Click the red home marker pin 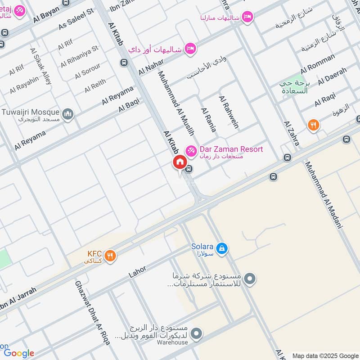pyautogui.click(x=179, y=162)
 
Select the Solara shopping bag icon pyautogui.click(x=221, y=248)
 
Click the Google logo pyautogui.click(x=19, y=353)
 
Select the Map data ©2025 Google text pyautogui.click(x=324, y=355)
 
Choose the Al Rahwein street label pyautogui.click(x=228, y=112)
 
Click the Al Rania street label pyautogui.click(x=208, y=120)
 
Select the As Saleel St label pyautogui.click(x=76, y=18)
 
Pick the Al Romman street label pyautogui.click(x=318, y=63)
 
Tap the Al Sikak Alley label pyautogui.click(x=40, y=66)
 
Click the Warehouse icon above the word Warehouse pyautogui.click(x=196, y=333)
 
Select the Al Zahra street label pyautogui.click(x=292, y=133)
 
